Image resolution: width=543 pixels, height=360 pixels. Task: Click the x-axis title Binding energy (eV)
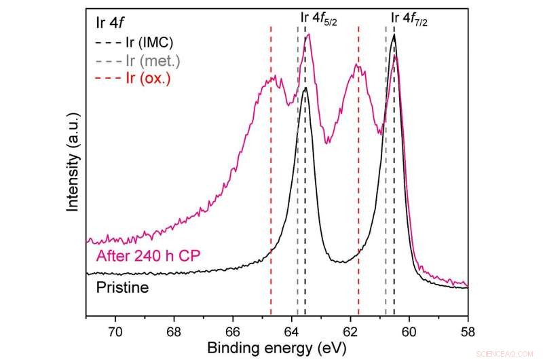click(x=277, y=348)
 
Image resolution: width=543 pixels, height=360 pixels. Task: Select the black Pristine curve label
click(x=122, y=287)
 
